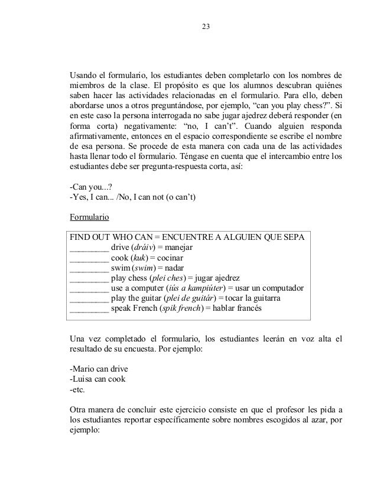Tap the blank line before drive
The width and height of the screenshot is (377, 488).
pos(89,248)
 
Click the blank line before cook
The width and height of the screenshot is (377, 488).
pos(89,258)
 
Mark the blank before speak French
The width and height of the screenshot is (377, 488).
pos(89,309)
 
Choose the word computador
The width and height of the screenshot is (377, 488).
pos(281,288)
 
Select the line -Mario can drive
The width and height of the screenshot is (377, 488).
pos(99,369)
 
